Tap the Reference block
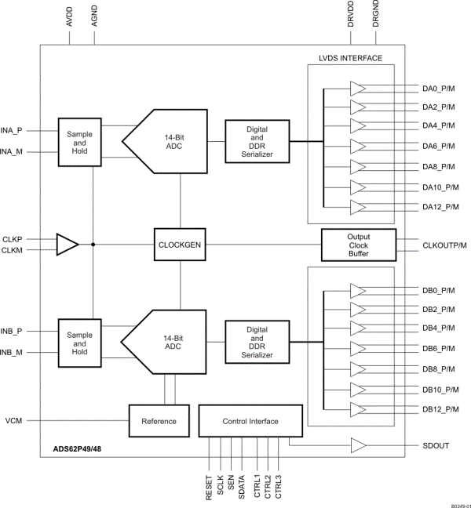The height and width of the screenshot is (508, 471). pos(158,421)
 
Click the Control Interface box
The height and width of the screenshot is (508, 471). pos(250,421)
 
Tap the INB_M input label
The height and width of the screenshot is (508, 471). pos(13,352)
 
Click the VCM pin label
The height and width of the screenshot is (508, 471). pos(15,422)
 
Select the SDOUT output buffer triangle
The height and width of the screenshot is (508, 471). pos(358,445)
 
